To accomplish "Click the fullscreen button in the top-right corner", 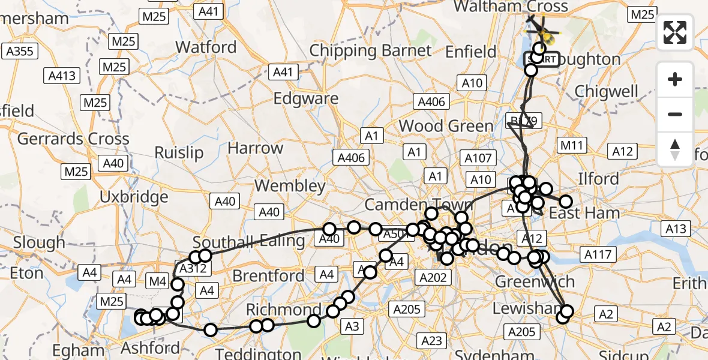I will point(675,32).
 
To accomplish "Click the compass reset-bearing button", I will point(675,149).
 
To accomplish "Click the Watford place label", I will point(206,47).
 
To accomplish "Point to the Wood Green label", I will point(446,126).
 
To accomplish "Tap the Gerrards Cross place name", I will point(73,139).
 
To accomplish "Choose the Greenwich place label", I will point(534,281).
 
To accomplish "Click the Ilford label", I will point(598,179).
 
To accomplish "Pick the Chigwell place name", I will point(606,91).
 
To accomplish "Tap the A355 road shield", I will point(19,52).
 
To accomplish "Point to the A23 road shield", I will point(432,341).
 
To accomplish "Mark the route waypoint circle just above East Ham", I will point(565,202).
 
